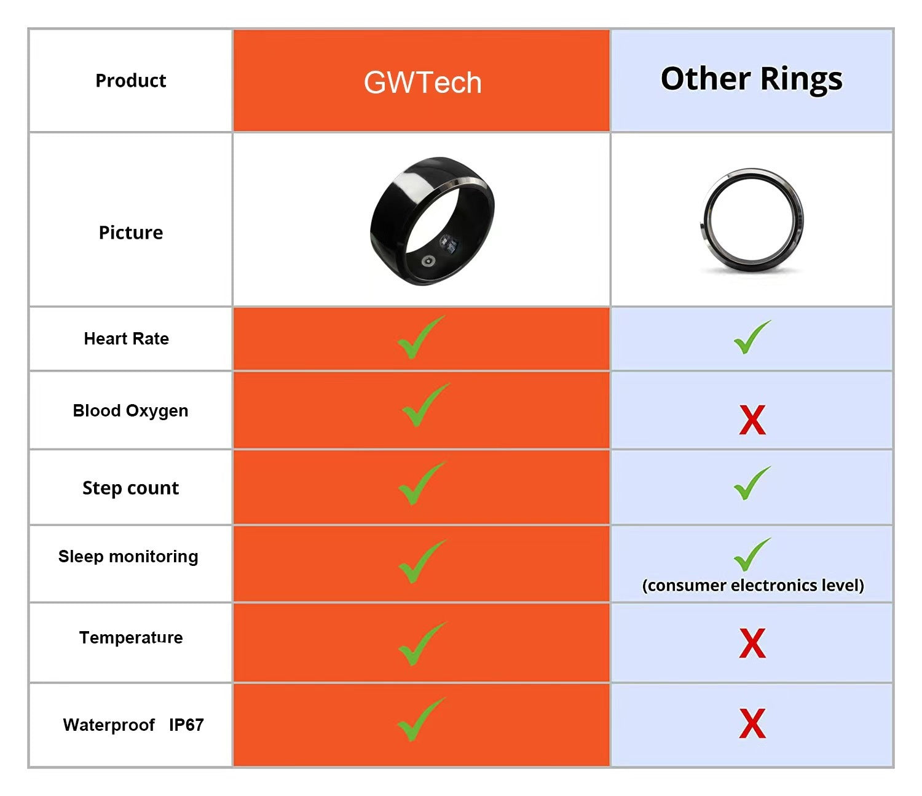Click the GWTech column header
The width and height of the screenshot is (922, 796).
click(x=422, y=82)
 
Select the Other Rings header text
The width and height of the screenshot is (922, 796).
click(x=751, y=79)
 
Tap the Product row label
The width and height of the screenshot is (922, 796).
click(x=130, y=81)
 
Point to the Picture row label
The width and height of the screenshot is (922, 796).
click(x=130, y=233)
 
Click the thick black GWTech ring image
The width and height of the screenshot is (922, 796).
click(x=431, y=220)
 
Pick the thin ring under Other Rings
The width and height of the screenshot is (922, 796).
click(x=751, y=220)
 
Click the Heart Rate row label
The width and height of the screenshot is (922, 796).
click(x=126, y=338)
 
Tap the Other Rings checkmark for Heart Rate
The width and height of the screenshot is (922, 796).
click(x=751, y=337)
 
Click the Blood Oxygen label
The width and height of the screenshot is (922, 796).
click(x=130, y=411)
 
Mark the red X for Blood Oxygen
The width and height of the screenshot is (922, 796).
click(x=752, y=420)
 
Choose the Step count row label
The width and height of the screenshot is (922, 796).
click(x=130, y=488)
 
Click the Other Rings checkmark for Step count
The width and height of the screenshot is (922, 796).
click(x=751, y=483)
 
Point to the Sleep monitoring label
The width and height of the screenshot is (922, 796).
click(x=128, y=557)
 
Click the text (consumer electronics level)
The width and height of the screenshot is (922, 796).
click(x=752, y=585)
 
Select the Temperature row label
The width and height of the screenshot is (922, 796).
click(x=130, y=637)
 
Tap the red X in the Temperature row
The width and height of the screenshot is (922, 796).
click(x=752, y=643)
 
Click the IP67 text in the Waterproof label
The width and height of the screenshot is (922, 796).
click(x=186, y=725)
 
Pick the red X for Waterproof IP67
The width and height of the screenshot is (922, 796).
click(x=752, y=723)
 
